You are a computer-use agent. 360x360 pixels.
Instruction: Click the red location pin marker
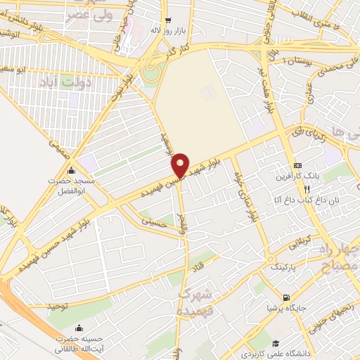click(181, 165)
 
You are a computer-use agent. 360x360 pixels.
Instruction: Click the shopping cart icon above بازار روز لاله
click(167, 20)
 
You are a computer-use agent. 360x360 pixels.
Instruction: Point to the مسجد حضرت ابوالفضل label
click(70, 185)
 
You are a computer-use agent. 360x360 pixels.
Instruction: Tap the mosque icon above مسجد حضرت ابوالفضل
click(70, 170)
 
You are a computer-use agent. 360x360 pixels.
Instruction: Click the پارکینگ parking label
click(288, 266)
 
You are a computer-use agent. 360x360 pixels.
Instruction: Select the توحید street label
click(58, 307)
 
